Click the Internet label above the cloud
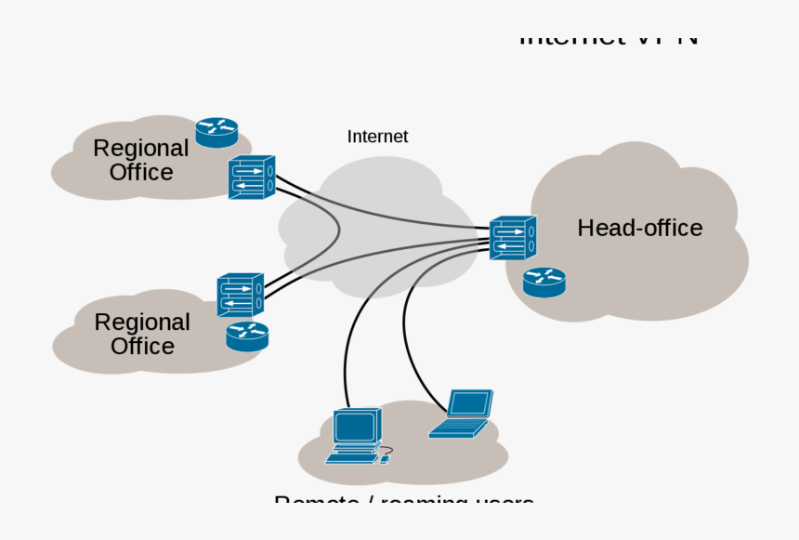tap(377, 137)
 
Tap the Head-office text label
tap(639, 228)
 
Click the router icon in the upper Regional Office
tap(216, 131)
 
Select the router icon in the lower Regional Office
tap(247, 336)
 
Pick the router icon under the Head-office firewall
tap(544, 282)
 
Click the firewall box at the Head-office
tap(513, 238)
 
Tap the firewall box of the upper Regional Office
tap(252, 177)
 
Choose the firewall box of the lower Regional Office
tap(241, 295)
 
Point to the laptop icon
tap(463, 414)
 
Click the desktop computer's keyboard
tap(352, 457)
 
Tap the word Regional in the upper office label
tap(141, 148)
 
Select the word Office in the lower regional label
tap(142, 346)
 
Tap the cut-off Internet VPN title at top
tap(609, 40)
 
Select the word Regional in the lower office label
tap(142, 322)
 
